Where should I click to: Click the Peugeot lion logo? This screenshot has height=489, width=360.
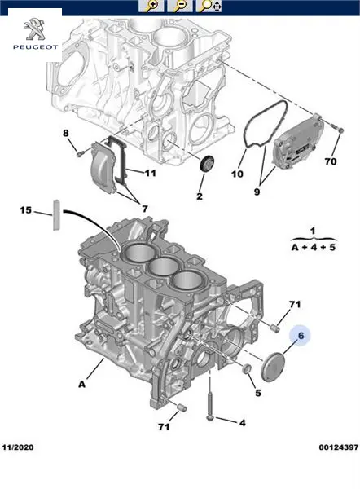(x=34, y=29)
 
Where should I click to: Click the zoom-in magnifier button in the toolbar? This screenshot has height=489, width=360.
(x=151, y=6)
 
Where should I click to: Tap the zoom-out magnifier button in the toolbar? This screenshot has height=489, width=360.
(x=179, y=6)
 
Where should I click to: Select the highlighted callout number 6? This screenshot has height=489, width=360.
(x=301, y=336)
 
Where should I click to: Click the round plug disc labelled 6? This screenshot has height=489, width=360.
(x=273, y=367)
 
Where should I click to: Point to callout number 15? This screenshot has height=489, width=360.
(x=25, y=210)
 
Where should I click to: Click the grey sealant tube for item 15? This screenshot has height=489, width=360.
(x=56, y=215)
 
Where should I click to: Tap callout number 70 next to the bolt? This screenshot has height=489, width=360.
(x=331, y=161)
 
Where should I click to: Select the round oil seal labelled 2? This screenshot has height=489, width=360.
(x=207, y=163)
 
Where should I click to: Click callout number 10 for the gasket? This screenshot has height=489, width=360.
(x=237, y=174)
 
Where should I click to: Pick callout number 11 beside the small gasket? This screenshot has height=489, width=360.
(x=150, y=173)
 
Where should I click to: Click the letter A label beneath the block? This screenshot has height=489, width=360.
(x=81, y=384)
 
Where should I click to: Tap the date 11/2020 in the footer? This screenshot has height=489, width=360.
(x=18, y=447)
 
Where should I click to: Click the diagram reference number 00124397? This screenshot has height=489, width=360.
(x=339, y=447)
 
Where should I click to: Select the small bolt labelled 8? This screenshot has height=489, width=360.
(x=80, y=153)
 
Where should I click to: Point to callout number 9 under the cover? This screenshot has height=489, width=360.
(x=257, y=192)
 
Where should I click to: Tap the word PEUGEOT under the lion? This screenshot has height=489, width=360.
(x=35, y=47)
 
